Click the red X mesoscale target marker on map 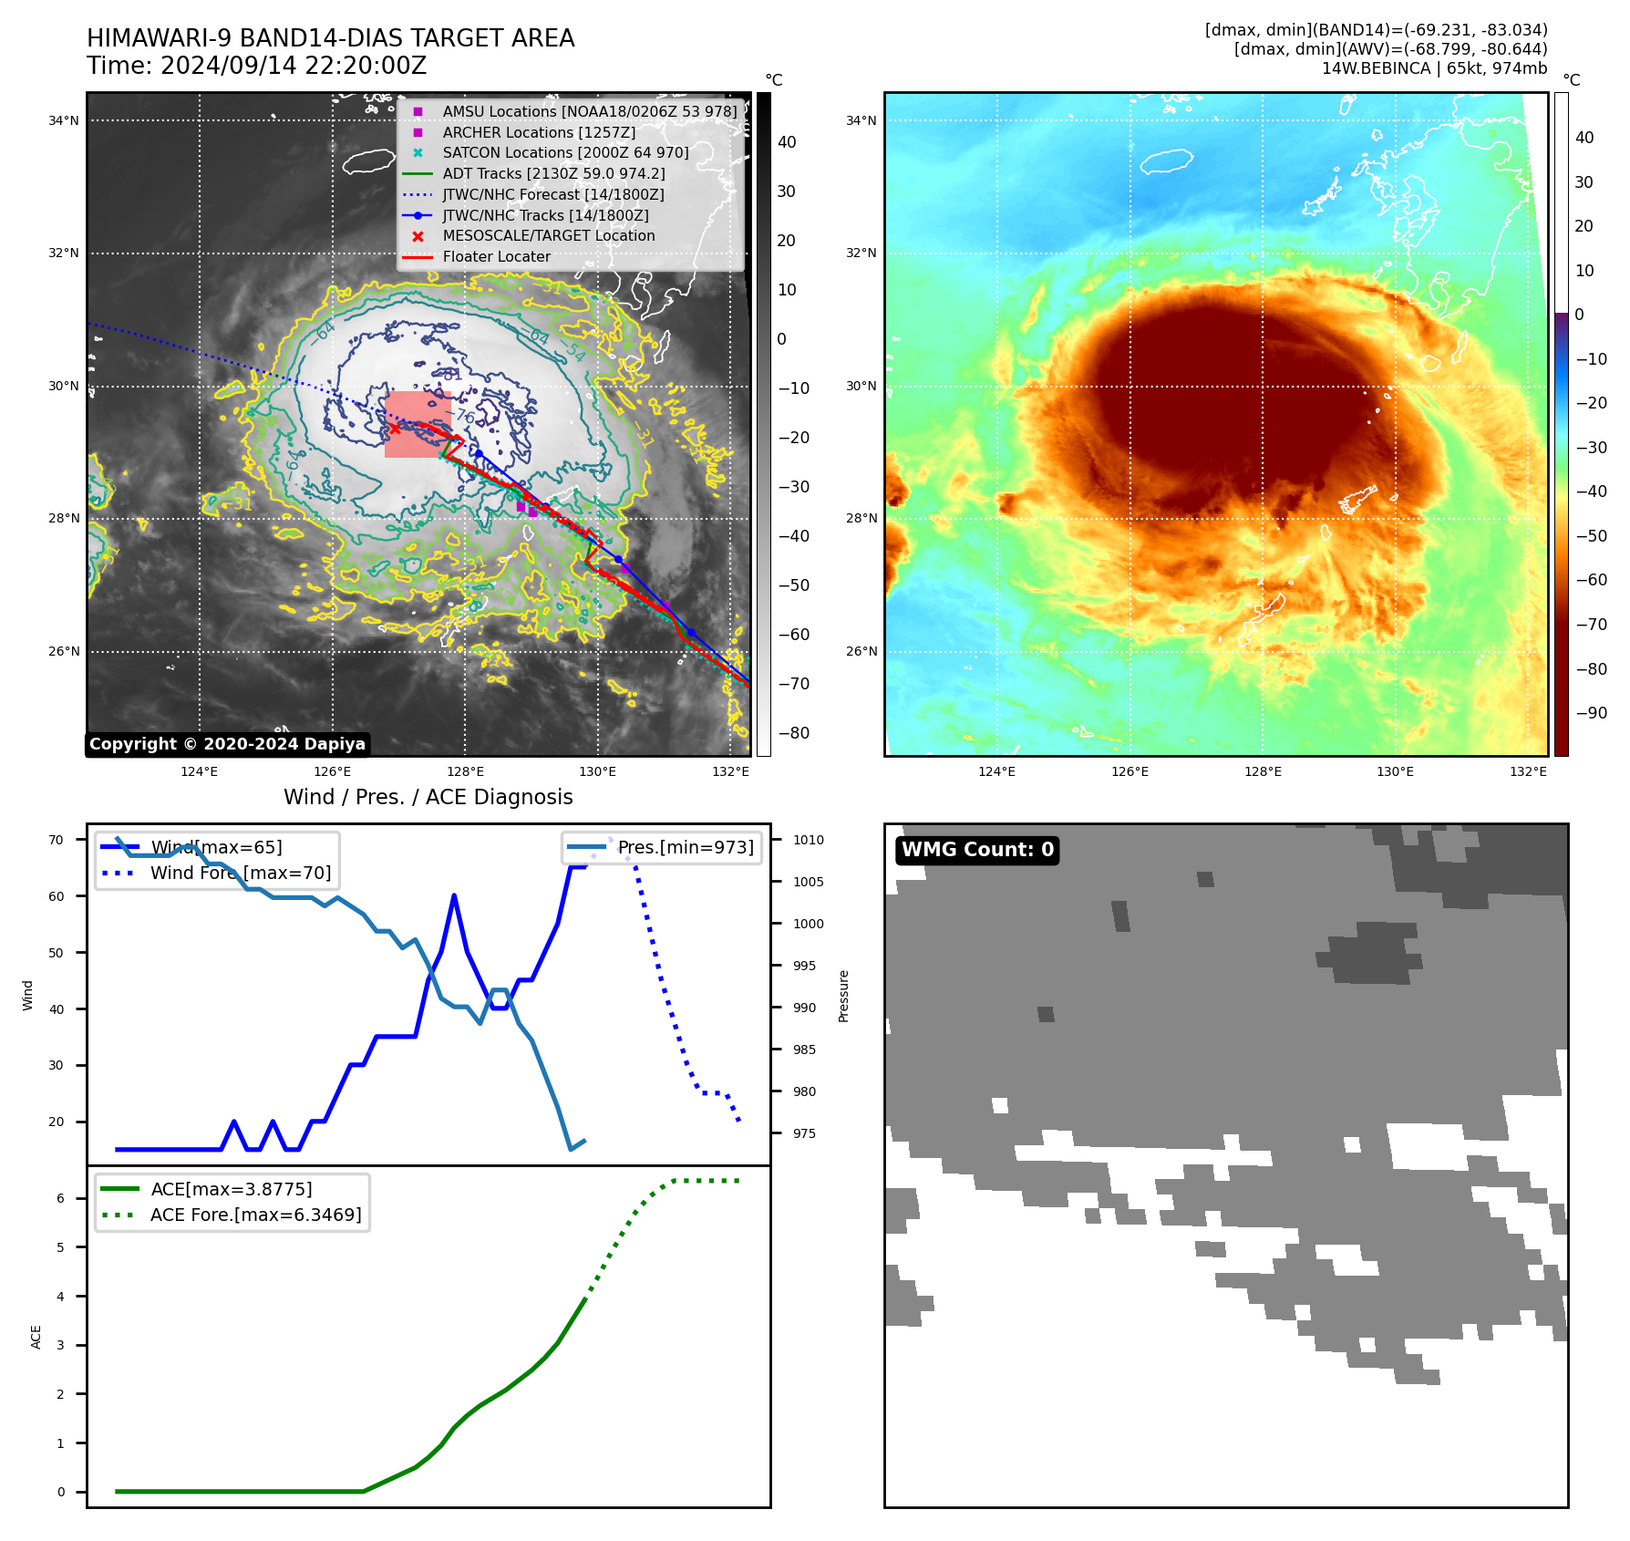394,429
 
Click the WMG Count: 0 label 977,850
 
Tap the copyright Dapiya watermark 227,744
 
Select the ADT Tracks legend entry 553,173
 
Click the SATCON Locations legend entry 565,153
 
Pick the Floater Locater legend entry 496,257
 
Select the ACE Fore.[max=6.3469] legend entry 255,1215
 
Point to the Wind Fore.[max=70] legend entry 241,873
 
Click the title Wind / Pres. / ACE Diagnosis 428,797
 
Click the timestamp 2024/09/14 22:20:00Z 294,67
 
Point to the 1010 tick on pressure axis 808,840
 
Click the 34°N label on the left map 64,120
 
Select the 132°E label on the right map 1528,771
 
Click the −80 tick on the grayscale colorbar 793,733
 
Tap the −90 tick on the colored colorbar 1591,713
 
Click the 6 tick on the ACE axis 61,1198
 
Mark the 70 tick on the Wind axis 57,840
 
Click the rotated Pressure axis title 843,996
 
